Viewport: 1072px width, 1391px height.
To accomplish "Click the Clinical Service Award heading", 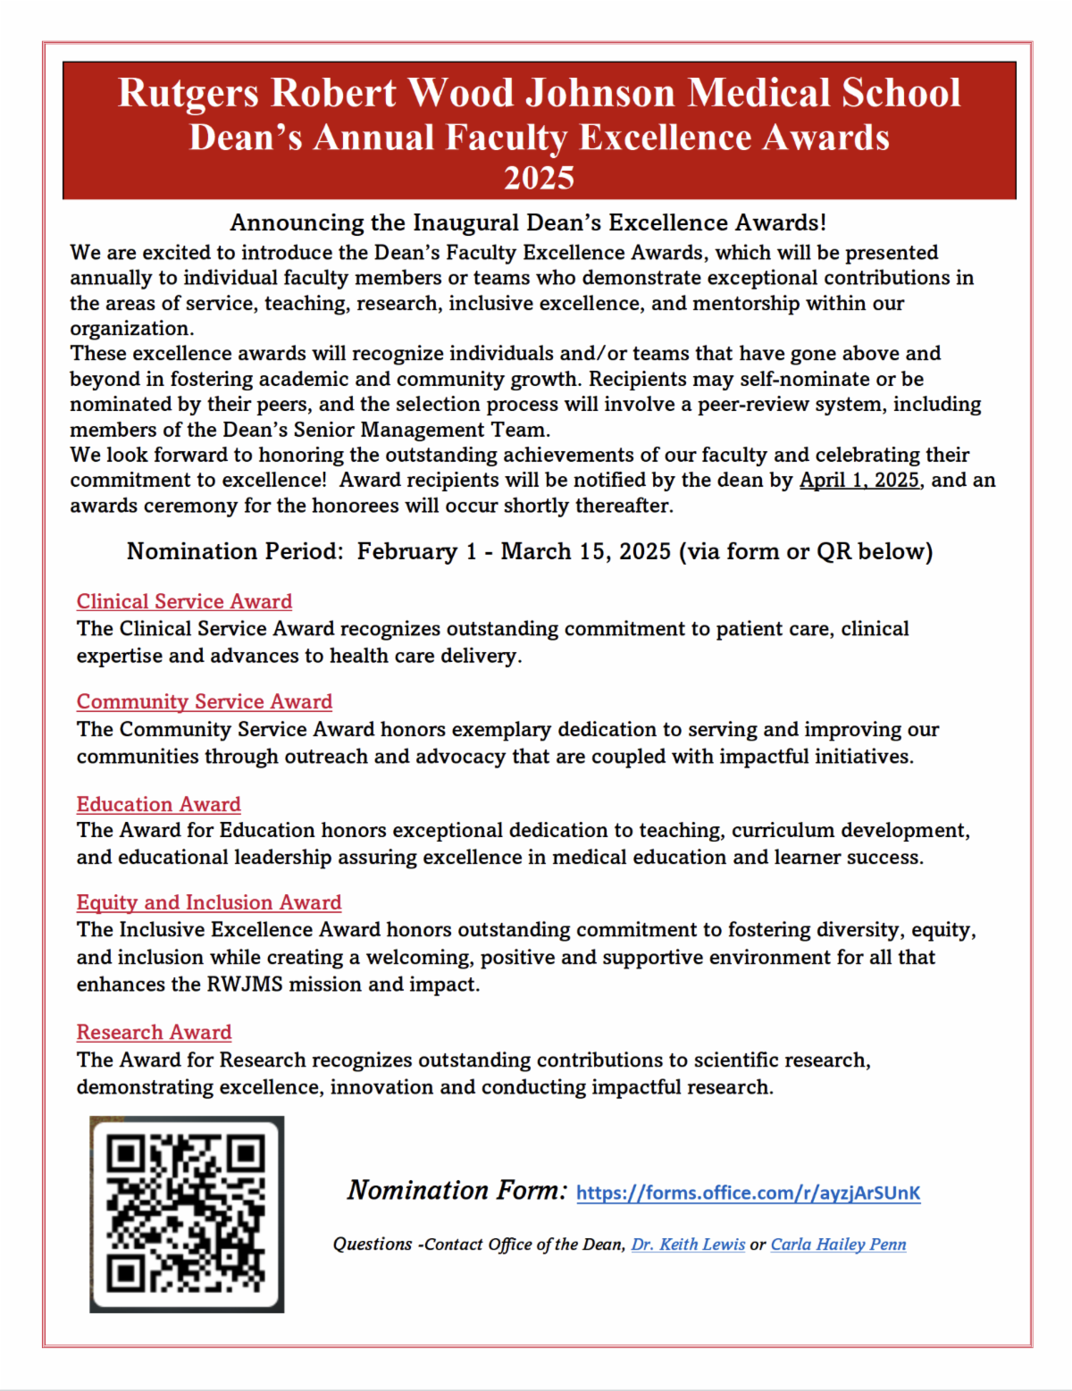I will pyautogui.click(x=184, y=601).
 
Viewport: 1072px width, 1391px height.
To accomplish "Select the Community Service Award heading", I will pyautogui.click(x=204, y=701).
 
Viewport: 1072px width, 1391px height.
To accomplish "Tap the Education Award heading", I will pyautogui.click(x=158, y=804).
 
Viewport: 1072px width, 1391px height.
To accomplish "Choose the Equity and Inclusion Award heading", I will pyautogui.click(x=208, y=902).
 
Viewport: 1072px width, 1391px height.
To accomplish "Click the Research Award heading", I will pyautogui.click(x=154, y=1032).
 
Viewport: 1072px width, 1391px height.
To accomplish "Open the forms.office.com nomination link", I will pyautogui.click(x=748, y=1193).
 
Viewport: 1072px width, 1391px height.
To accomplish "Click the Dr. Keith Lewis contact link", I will pyautogui.click(x=688, y=1244).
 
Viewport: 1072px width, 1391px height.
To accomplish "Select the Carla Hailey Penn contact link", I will pyautogui.click(x=838, y=1244).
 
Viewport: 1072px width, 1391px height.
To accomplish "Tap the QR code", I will pyautogui.click(x=186, y=1213).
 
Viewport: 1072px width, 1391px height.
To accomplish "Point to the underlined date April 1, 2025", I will pyautogui.click(x=859, y=480).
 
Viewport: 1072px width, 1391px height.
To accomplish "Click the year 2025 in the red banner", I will pyautogui.click(x=539, y=178).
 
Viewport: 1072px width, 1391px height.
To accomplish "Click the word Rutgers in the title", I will pyautogui.click(x=188, y=93).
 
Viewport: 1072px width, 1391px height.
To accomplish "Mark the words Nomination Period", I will pyautogui.click(x=234, y=551).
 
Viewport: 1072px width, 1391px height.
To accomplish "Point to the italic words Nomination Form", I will pyautogui.click(x=456, y=1191).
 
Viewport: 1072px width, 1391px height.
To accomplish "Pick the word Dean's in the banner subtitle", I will pyautogui.click(x=246, y=138).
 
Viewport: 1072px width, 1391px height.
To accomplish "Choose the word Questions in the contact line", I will pyautogui.click(x=373, y=1244).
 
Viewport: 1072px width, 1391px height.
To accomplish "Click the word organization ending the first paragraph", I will pyautogui.click(x=130, y=329).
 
